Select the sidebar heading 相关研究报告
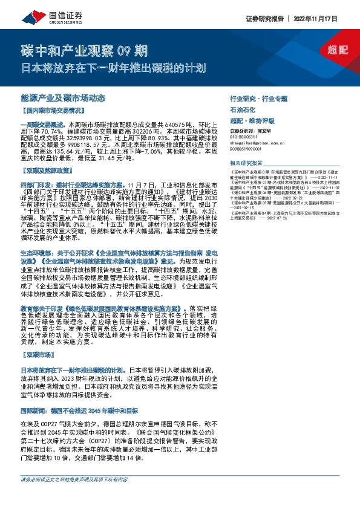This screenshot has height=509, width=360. click(247, 163)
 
